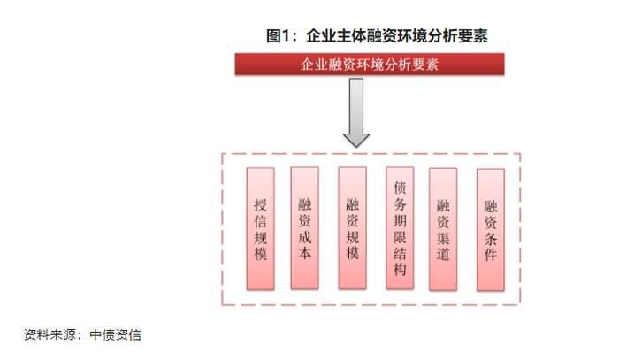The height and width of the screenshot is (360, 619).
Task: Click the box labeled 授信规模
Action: [260, 228]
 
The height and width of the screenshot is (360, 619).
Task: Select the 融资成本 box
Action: [305, 228]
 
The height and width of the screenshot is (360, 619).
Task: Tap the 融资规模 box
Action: [353, 228]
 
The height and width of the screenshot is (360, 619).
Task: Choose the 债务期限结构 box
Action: [400, 228]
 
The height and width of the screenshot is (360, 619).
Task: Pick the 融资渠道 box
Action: [444, 229]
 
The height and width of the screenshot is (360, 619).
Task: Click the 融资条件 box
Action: [491, 229]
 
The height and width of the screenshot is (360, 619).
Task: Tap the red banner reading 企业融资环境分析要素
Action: [370, 65]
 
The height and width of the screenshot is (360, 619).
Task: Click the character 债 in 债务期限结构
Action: [400, 188]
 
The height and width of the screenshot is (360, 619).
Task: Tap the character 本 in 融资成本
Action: [305, 254]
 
